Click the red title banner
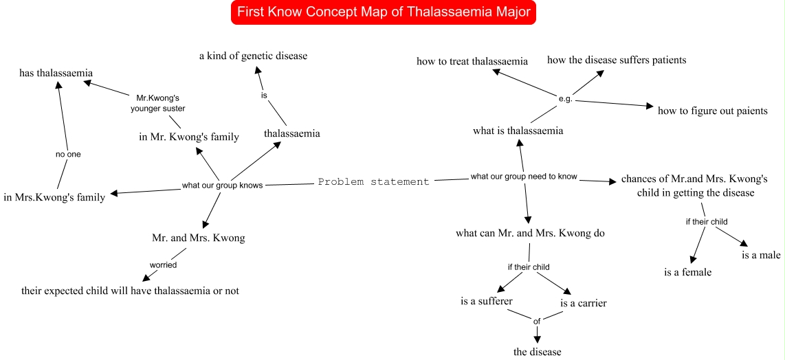pyautogui.click(x=384, y=12)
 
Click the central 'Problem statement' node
pyautogui.click(x=373, y=182)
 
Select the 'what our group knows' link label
pyautogui.click(x=222, y=185)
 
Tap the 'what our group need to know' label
pyautogui.click(x=524, y=177)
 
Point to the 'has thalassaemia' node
pyautogui.click(x=56, y=73)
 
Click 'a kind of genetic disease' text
pyautogui.click(x=253, y=56)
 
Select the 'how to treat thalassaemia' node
pyautogui.click(x=472, y=61)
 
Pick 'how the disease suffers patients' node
pyautogui.click(x=617, y=60)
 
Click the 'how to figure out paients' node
pyautogui.click(x=712, y=111)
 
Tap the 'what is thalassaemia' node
pyautogui.click(x=518, y=131)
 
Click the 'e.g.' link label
pyautogui.click(x=566, y=99)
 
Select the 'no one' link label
pyautogui.click(x=68, y=155)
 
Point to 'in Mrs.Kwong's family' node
pyautogui.click(x=54, y=197)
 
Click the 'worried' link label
pyautogui.click(x=164, y=265)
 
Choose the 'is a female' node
pyautogui.click(x=687, y=272)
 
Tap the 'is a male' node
pyautogui.click(x=761, y=256)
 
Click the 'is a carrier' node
pyautogui.click(x=584, y=303)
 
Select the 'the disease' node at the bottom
pyautogui.click(x=538, y=352)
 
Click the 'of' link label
pyautogui.click(x=538, y=319)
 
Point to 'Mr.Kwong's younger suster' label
pyautogui.click(x=156, y=102)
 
